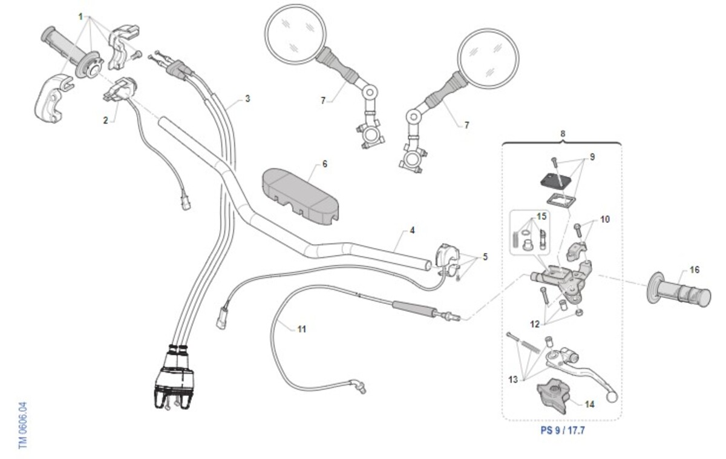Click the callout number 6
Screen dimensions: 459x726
tap(324, 164)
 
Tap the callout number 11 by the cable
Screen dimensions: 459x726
tap(301, 329)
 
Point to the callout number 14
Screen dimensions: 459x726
tap(589, 404)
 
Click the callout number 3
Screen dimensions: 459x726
tap(247, 99)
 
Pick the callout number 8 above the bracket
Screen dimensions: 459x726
tap(563, 133)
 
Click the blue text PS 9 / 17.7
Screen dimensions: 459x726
tap(563, 431)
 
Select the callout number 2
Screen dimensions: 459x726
tap(105, 121)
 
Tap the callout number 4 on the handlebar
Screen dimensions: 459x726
tap(412, 231)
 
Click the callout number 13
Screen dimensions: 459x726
tap(513, 380)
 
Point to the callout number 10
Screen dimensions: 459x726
tap(605, 219)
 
